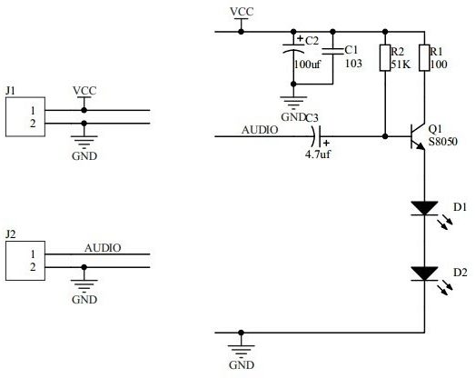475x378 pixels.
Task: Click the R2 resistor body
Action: [385, 58]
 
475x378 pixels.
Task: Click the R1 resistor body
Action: [424, 58]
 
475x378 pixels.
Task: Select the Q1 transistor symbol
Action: [418, 136]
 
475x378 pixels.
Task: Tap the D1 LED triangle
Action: [424, 208]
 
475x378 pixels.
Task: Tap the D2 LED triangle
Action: [424, 274]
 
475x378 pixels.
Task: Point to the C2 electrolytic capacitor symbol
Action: [293, 49]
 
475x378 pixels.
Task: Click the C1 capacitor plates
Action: [332, 51]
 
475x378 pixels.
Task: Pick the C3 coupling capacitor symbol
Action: [317, 136]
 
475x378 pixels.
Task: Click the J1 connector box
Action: [25, 116]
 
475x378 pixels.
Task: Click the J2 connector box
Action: [25, 261]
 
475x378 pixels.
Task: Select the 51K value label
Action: [401, 65]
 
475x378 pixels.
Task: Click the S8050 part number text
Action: [443, 142]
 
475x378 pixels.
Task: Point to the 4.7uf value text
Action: [318, 154]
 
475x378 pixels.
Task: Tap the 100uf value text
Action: [308, 65]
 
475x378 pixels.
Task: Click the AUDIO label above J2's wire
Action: [103, 248]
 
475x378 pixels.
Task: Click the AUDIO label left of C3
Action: [260, 130]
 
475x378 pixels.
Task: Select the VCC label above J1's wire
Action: [84, 91]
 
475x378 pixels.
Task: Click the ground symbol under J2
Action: [84, 285]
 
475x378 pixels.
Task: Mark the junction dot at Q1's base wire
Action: [385, 136]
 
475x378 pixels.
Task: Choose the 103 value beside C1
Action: [354, 64]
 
